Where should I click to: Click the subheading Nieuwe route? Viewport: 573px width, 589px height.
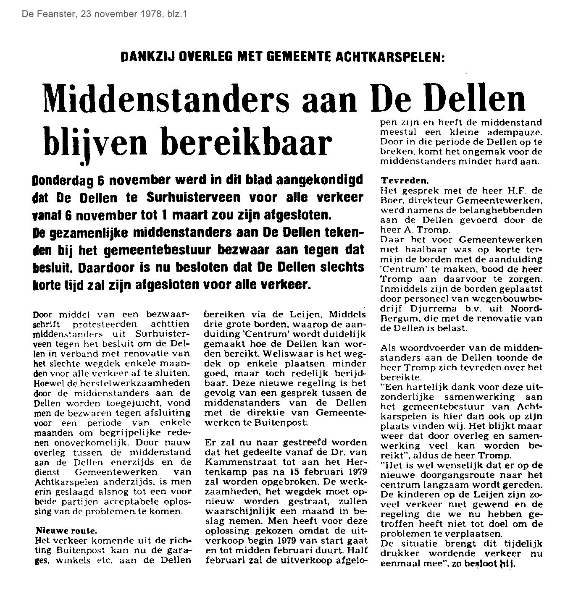pyautogui.click(x=66, y=530)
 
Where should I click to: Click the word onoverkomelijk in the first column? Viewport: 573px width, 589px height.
pyautogui.click(x=70, y=442)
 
